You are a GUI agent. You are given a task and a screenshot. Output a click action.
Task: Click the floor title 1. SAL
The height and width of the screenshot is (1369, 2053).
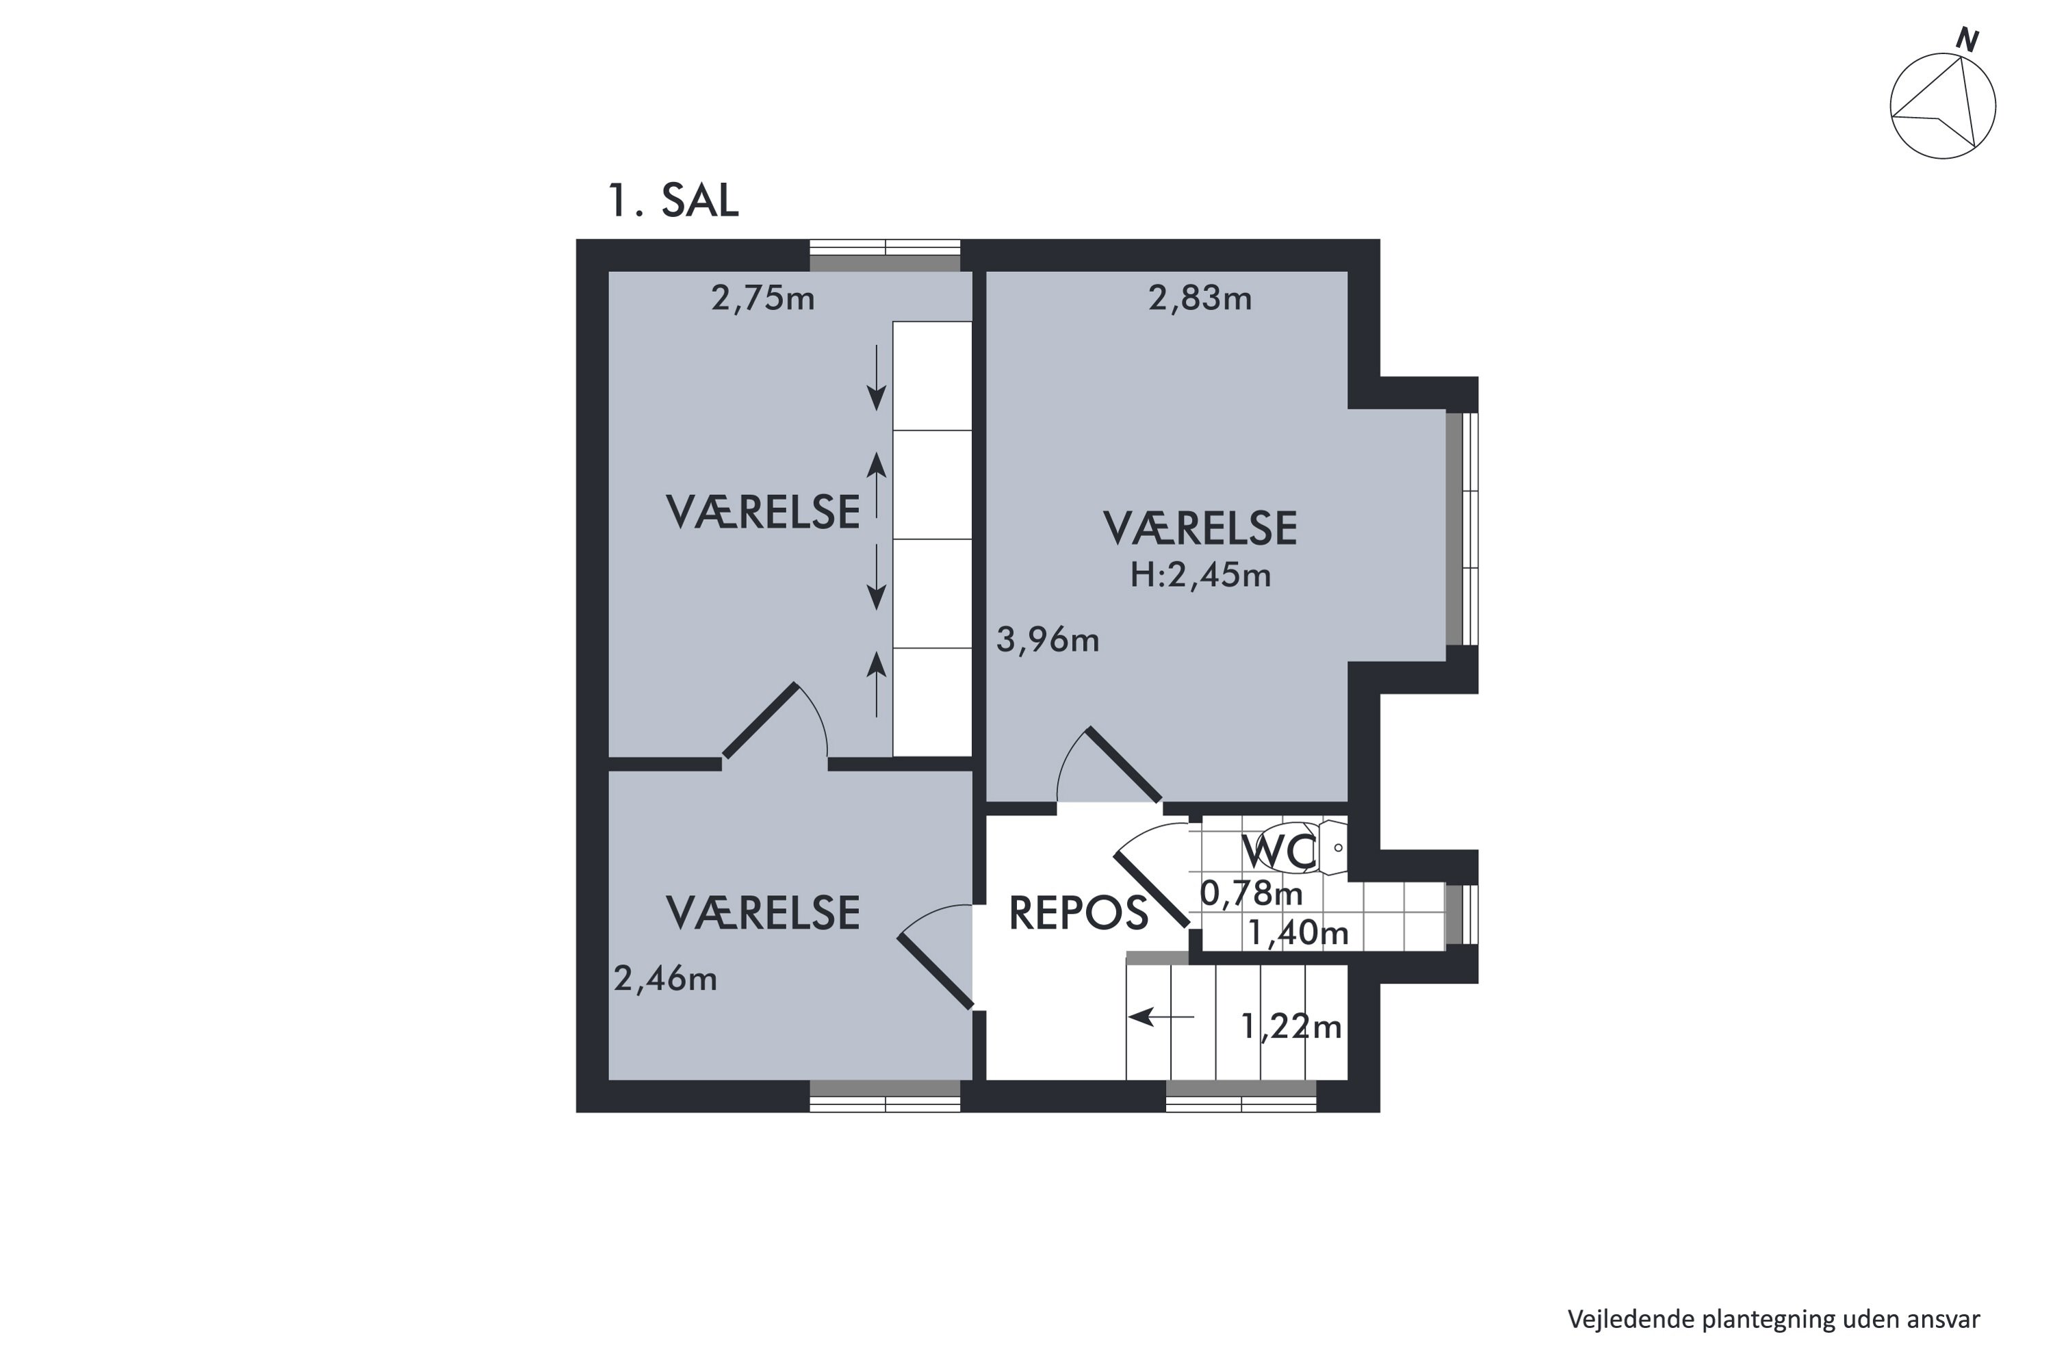(x=673, y=201)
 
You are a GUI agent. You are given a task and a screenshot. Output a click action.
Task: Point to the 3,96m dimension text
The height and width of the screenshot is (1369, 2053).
(x=1048, y=641)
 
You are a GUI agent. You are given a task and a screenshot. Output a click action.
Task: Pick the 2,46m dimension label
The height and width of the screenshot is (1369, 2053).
(x=665, y=979)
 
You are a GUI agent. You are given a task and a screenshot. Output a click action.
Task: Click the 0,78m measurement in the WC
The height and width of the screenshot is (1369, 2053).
(x=1251, y=893)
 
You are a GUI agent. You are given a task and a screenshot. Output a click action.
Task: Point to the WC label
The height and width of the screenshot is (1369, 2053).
(x=1278, y=852)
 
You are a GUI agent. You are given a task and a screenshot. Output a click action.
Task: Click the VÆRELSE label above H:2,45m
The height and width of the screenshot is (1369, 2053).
(x=1200, y=529)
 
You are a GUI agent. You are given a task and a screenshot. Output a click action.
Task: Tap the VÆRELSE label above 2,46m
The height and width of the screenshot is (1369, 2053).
(x=763, y=913)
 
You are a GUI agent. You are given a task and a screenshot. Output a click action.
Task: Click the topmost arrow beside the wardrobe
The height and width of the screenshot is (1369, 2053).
(x=877, y=378)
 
